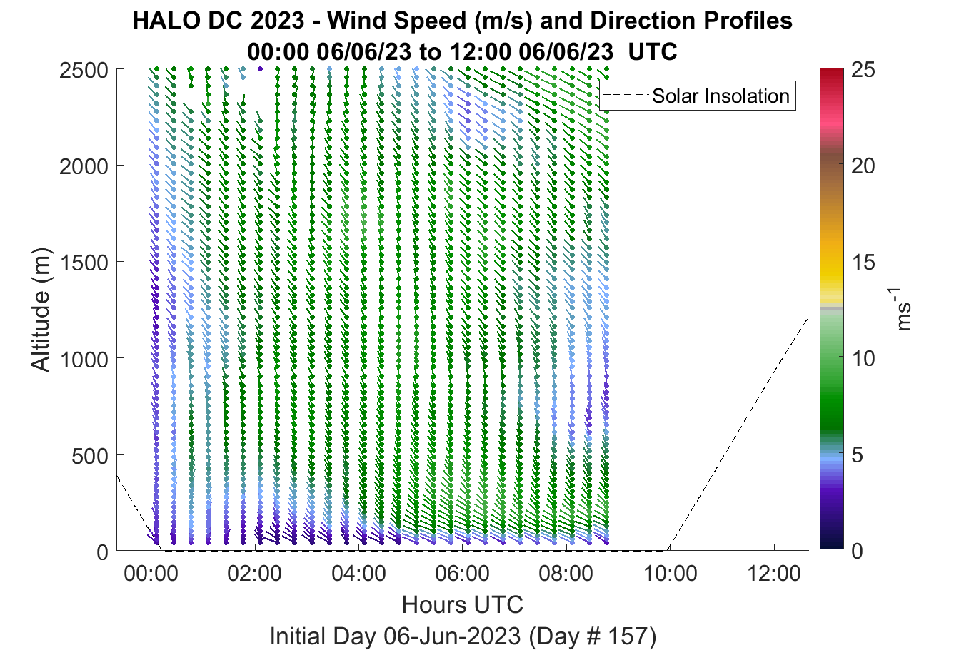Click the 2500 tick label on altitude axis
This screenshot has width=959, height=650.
click(x=84, y=71)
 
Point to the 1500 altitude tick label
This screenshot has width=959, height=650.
click(x=84, y=263)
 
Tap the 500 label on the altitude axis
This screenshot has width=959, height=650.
click(x=89, y=456)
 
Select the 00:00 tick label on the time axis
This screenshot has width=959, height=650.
click(x=151, y=574)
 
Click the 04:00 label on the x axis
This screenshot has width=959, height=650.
click(x=358, y=574)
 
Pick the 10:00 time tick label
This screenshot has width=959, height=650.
click(x=671, y=574)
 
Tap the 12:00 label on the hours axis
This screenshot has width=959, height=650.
click(x=774, y=574)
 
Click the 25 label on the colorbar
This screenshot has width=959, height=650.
click(x=863, y=70)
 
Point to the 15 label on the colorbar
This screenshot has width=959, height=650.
click(x=863, y=263)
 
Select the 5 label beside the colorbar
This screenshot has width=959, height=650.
click(x=857, y=455)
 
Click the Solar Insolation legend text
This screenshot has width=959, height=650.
click(x=720, y=96)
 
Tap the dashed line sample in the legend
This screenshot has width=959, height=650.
click(x=626, y=96)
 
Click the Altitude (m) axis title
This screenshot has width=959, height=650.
click(x=41, y=310)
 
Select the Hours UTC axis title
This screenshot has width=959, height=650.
click(x=463, y=604)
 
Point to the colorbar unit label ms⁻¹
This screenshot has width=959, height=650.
click(x=902, y=310)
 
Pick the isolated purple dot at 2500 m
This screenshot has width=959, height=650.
click(x=261, y=69)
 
